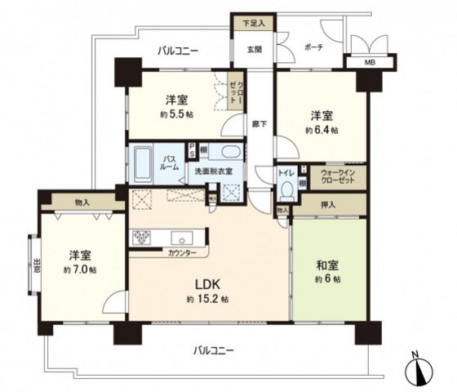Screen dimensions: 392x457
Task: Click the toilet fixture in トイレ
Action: point(286,189)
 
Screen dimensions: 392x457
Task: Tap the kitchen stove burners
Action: point(141,237)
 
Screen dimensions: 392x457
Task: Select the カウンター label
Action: point(183,254)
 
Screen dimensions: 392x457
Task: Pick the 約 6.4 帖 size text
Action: point(322,129)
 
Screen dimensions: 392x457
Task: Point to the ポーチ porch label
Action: point(313,47)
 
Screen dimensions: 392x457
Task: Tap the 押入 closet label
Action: point(326,206)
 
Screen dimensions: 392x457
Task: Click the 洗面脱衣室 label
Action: point(213,171)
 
